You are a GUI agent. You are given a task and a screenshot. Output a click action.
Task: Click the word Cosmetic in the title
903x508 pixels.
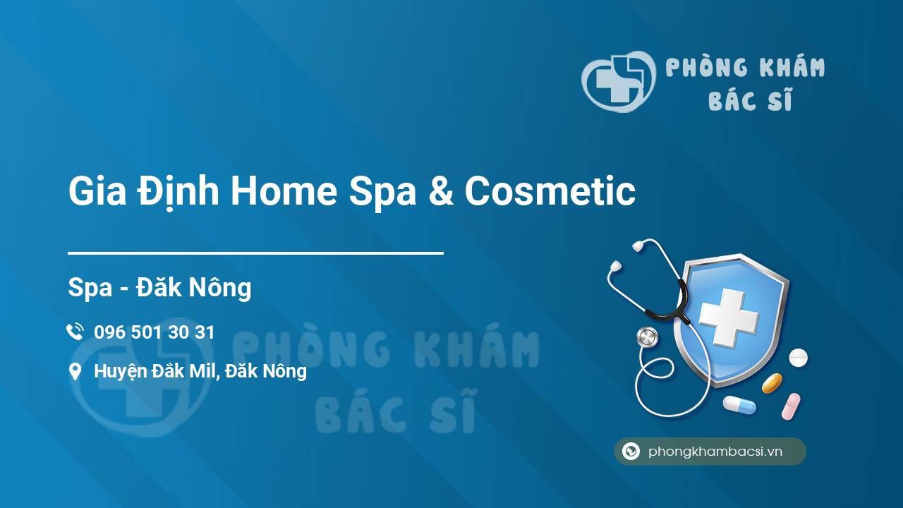pyautogui.click(x=550, y=192)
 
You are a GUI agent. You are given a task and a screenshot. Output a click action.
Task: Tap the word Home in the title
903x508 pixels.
pyautogui.click(x=284, y=192)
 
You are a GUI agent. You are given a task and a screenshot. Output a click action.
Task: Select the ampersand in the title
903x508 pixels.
pyautogui.click(x=440, y=192)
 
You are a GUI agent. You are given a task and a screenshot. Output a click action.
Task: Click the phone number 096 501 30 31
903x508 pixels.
pyautogui.click(x=154, y=332)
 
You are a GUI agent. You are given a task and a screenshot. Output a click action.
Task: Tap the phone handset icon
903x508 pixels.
pyautogui.click(x=75, y=332)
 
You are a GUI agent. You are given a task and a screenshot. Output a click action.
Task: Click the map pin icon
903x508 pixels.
pyautogui.click(x=75, y=372)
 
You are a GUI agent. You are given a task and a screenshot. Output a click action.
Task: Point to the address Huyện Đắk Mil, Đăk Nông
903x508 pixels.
pyautogui.click(x=200, y=371)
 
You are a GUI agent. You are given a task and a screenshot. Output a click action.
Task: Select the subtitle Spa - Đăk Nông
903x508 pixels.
pyautogui.click(x=159, y=287)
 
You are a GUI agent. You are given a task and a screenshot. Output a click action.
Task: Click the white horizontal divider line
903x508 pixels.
pyautogui.click(x=255, y=253)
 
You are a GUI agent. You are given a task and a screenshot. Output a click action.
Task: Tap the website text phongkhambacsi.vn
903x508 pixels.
pyautogui.click(x=715, y=452)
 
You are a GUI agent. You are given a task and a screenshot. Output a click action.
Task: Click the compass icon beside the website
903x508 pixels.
pyautogui.click(x=631, y=452)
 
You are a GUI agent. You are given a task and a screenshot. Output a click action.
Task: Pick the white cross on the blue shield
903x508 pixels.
pyautogui.click(x=728, y=317)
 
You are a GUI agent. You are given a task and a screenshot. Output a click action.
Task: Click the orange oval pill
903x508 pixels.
pyautogui.click(x=772, y=383)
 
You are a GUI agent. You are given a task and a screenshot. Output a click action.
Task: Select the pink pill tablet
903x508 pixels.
pyautogui.click(x=791, y=406)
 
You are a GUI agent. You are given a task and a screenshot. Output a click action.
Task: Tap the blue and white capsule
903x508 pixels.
pyautogui.click(x=739, y=405)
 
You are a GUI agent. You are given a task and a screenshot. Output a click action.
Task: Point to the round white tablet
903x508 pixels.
pyautogui.click(x=798, y=358)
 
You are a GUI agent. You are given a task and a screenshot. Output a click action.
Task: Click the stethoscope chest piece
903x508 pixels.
pyautogui.click(x=647, y=337)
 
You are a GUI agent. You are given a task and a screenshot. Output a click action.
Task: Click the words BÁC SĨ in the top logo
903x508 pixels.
pyautogui.click(x=750, y=101)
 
